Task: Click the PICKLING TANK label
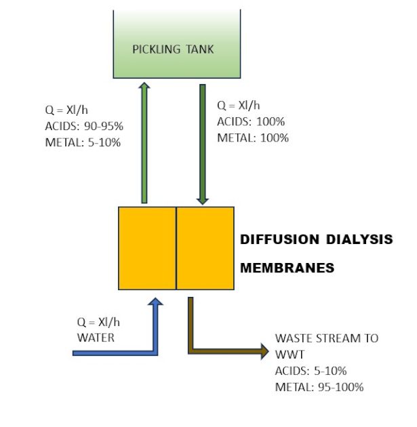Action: pos(173,49)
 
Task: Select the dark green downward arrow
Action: pos(201,142)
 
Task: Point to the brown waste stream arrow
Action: pos(224,350)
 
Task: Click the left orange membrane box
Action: pos(147,248)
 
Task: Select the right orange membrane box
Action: pos(205,248)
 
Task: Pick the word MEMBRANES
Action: pos(287,268)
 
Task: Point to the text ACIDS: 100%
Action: pos(251,122)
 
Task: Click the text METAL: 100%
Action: pos(252,138)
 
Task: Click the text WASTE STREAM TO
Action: pos(326,338)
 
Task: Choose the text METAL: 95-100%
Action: pos(319,387)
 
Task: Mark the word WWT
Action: pos(287,354)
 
